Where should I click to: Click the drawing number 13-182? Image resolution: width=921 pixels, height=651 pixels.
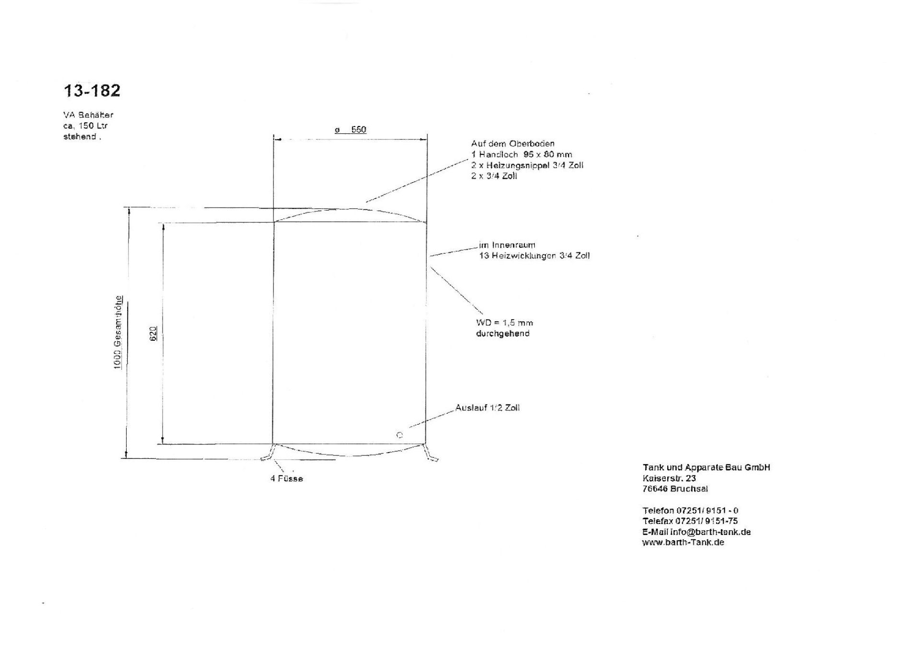pos(92,91)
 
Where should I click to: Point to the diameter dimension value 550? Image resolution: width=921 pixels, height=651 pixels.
pos(359,129)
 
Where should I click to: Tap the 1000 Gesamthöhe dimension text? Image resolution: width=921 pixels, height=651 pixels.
pos(118,332)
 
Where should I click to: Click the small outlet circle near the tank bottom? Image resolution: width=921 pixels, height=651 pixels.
pos(400,435)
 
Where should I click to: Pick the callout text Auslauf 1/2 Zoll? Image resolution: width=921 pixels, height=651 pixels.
pos(487,408)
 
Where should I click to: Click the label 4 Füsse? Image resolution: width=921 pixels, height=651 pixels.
pos(287,478)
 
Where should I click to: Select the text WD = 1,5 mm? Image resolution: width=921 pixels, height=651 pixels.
pos(505,323)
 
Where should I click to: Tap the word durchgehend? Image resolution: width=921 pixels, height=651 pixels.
pos(503,334)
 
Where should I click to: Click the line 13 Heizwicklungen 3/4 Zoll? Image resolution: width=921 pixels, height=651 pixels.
pos(534,256)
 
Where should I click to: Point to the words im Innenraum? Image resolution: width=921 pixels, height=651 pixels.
pos(507,245)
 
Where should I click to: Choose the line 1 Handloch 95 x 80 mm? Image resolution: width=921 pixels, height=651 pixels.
pos(521,154)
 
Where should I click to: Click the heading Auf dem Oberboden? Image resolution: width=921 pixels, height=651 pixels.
pos(513,144)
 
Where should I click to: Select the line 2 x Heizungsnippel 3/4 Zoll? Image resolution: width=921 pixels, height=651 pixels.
pos(527,165)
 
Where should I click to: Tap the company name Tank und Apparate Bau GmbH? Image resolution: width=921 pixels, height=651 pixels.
pos(707,467)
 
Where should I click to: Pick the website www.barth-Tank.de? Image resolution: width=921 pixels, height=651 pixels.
pos(683,543)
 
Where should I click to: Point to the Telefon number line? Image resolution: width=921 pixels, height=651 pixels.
pos(690,511)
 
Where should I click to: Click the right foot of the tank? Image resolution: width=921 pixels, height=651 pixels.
pos(429,453)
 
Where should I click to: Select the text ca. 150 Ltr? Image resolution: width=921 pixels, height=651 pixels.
pos(85,126)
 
